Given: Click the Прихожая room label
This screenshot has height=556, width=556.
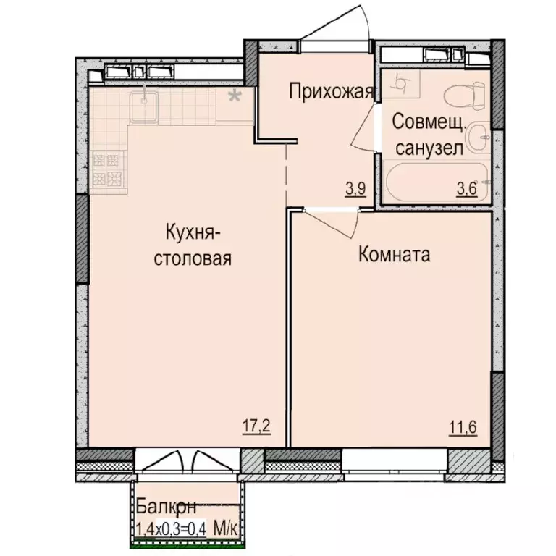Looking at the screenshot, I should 331,91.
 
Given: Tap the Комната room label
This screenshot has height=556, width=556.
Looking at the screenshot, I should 395,255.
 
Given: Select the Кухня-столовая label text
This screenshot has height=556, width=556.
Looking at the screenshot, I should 193,245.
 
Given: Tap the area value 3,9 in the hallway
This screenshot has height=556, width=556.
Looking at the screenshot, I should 355,190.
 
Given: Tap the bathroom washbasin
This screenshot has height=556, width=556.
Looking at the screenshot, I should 478,138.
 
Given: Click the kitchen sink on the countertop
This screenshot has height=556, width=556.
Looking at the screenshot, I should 146,100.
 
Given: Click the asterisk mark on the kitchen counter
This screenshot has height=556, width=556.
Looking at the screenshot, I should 235,96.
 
